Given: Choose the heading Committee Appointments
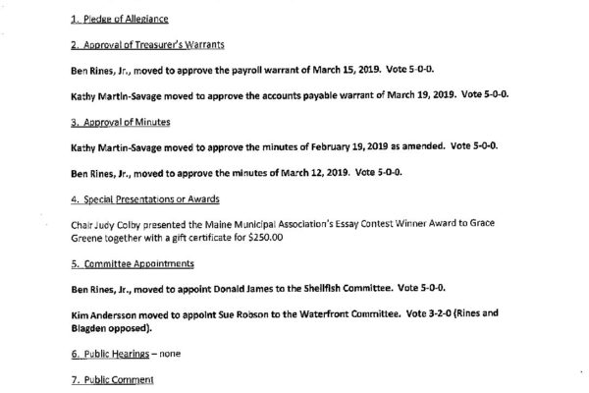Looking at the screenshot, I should point(125,264).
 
